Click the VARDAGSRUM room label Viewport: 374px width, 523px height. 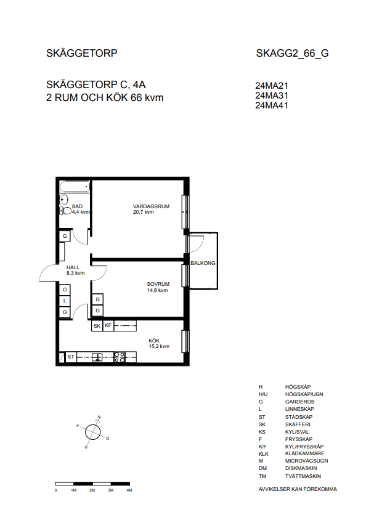pos(151,206)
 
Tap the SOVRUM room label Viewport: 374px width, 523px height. pos(158,284)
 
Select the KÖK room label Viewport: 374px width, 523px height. pos(154,341)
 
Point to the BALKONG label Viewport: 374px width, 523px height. pos(203,263)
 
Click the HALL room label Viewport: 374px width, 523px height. pos(73,267)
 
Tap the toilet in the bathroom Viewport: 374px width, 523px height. pos(65,211)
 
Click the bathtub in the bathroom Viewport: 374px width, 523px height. pos(75,187)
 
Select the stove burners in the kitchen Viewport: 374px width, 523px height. pos(120,357)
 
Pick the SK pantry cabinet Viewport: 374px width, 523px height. pos(97,326)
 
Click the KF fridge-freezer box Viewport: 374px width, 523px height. pos(108,325)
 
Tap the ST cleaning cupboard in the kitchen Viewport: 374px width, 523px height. pos(71,357)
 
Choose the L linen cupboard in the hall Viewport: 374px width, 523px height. pos(65,301)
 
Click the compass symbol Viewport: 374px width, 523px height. pos(93,432)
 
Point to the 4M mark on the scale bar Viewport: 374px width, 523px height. pos(129,490)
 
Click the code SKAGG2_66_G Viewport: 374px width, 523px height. pos(292,54)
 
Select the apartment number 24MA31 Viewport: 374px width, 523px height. pos(272,95)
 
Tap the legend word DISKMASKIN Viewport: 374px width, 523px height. pos(301,468)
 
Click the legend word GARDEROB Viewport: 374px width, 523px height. pos(299,402)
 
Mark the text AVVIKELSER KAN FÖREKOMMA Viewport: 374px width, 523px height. pos(298,489)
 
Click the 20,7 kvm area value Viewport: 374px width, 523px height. pos(143,212)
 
